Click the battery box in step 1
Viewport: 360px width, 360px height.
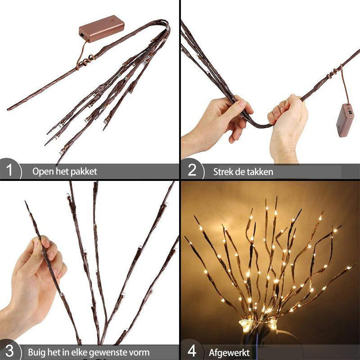[101, 29]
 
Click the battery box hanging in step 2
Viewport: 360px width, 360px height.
[345, 120]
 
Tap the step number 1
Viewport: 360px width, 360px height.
[10, 171]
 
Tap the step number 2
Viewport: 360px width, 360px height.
[192, 171]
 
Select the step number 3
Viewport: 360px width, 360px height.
[10, 351]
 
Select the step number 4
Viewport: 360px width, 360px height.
[192, 351]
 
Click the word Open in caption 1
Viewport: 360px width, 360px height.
[42, 171]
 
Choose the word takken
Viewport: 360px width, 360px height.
[260, 171]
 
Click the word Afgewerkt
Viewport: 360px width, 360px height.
[229, 352]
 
